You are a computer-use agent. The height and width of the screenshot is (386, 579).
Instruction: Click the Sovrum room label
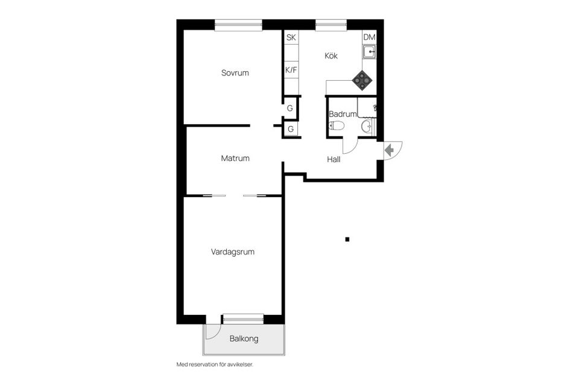point(235,73)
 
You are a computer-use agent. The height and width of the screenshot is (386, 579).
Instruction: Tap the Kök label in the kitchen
point(331,55)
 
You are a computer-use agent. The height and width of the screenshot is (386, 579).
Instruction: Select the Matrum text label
point(235,158)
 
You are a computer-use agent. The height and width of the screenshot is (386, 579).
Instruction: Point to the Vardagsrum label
point(233,252)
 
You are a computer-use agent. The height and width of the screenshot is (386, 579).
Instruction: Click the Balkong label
point(244,338)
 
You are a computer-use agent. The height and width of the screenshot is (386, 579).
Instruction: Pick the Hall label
point(334,160)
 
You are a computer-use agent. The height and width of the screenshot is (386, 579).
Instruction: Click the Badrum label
point(343,114)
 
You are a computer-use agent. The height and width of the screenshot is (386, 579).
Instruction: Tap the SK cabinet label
point(291,37)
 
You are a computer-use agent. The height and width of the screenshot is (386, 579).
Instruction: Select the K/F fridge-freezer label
point(291,70)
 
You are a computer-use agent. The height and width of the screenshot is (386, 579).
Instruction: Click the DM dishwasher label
point(369,37)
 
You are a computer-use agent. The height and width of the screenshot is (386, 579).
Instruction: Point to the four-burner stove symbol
point(362,81)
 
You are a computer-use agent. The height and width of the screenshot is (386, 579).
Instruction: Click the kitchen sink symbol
point(369,52)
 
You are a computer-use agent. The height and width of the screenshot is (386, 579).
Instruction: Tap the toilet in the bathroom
point(337,126)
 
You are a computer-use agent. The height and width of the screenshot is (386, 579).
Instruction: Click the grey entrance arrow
point(389,150)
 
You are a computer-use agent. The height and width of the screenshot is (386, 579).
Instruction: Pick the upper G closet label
point(290,108)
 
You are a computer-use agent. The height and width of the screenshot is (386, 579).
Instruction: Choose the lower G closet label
point(291,129)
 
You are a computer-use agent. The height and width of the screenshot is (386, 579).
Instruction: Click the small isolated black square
point(347,239)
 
